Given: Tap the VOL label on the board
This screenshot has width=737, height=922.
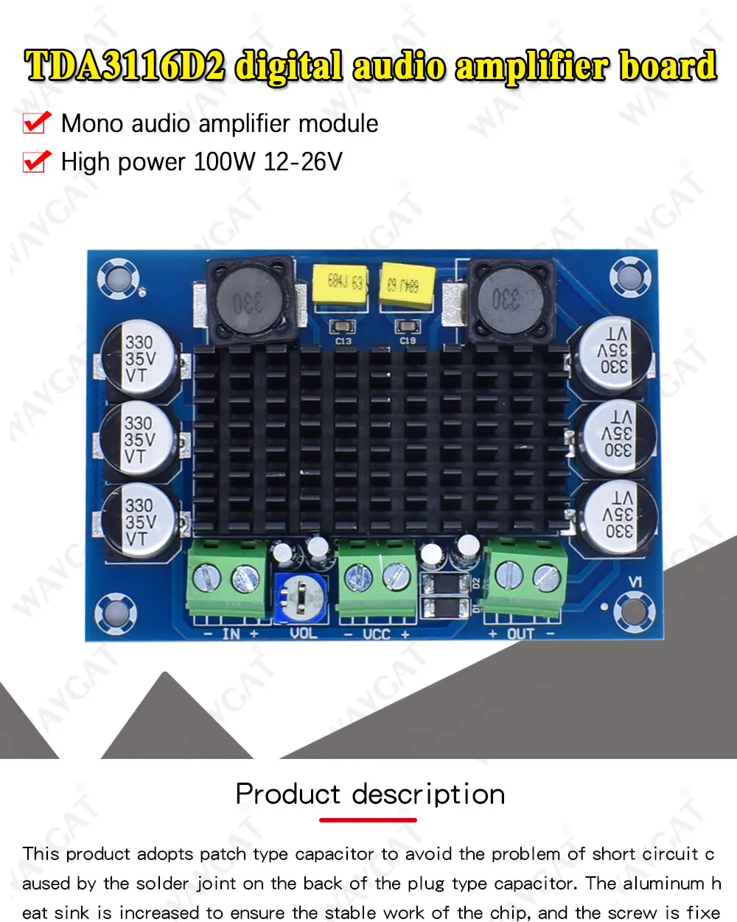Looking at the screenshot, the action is (303, 634).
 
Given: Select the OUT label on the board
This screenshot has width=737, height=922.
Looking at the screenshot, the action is (520, 634).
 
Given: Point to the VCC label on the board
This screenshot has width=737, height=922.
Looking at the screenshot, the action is (376, 634).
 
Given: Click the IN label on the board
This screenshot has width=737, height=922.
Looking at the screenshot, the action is (231, 634).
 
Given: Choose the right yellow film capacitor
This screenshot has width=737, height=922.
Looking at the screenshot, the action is (406, 284).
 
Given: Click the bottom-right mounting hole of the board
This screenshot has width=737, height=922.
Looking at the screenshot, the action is (633, 607).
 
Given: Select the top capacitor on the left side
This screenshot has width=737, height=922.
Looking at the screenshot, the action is (140, 359).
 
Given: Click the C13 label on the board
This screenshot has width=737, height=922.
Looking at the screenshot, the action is (343, 342).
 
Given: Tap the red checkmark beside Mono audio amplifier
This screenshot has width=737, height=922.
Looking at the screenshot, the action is (37, 122).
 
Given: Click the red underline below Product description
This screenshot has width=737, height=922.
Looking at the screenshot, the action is (368, 819).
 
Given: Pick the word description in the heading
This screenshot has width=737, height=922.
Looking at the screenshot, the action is (428, 794).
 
